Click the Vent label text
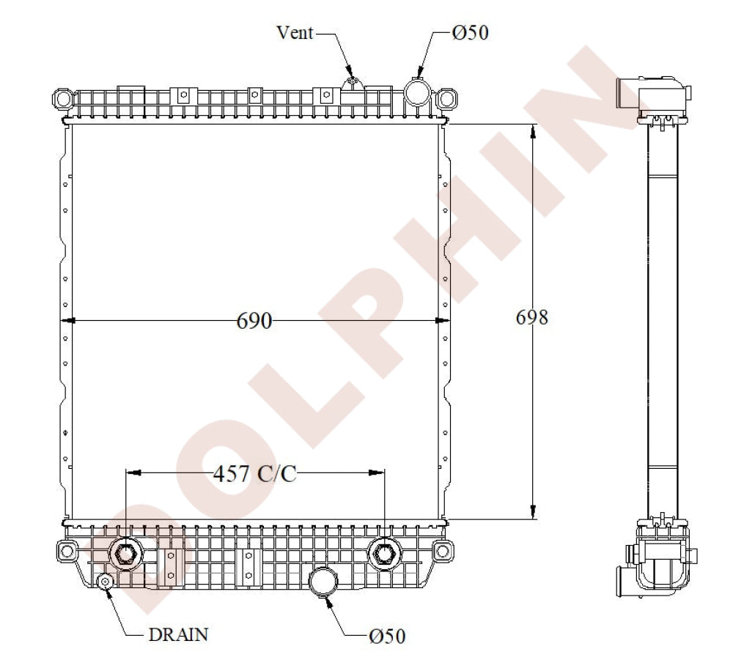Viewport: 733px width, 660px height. coord(295,32)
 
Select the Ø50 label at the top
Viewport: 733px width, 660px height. coord(470,32)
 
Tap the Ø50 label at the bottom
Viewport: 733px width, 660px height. coord(387,636)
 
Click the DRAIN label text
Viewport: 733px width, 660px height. coord(179,634)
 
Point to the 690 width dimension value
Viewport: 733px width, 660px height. coord(254,321)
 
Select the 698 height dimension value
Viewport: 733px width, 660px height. coord(532,317)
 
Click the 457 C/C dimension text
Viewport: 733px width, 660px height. coord(255,474)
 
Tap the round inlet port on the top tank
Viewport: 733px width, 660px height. coord(417,92)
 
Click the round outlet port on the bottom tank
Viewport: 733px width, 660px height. coord(323,580)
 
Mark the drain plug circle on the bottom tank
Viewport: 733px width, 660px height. coord(106,582)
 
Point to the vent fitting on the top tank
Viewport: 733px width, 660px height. coord(351,82)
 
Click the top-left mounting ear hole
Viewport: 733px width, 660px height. coord(63,97)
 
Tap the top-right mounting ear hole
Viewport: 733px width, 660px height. coord(446,97)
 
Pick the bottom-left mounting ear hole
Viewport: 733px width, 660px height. coord(67,549)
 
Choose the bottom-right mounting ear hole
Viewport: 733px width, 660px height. coord(441,549)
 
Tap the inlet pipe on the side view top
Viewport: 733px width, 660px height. coord(627,93)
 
